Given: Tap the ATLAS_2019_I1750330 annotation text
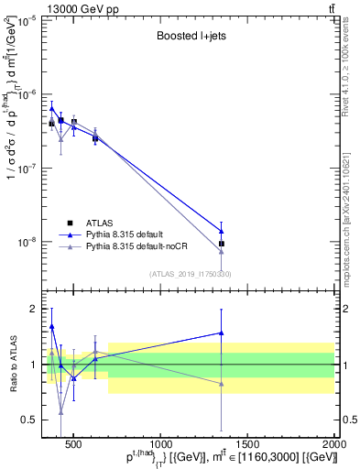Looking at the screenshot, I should [x=190, y=273].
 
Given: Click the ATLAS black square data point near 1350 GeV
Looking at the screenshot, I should [x=222, y=244].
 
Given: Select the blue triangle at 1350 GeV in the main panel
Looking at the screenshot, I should [x=222, y=231].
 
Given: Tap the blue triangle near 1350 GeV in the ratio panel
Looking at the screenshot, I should [x=222, y=333].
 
